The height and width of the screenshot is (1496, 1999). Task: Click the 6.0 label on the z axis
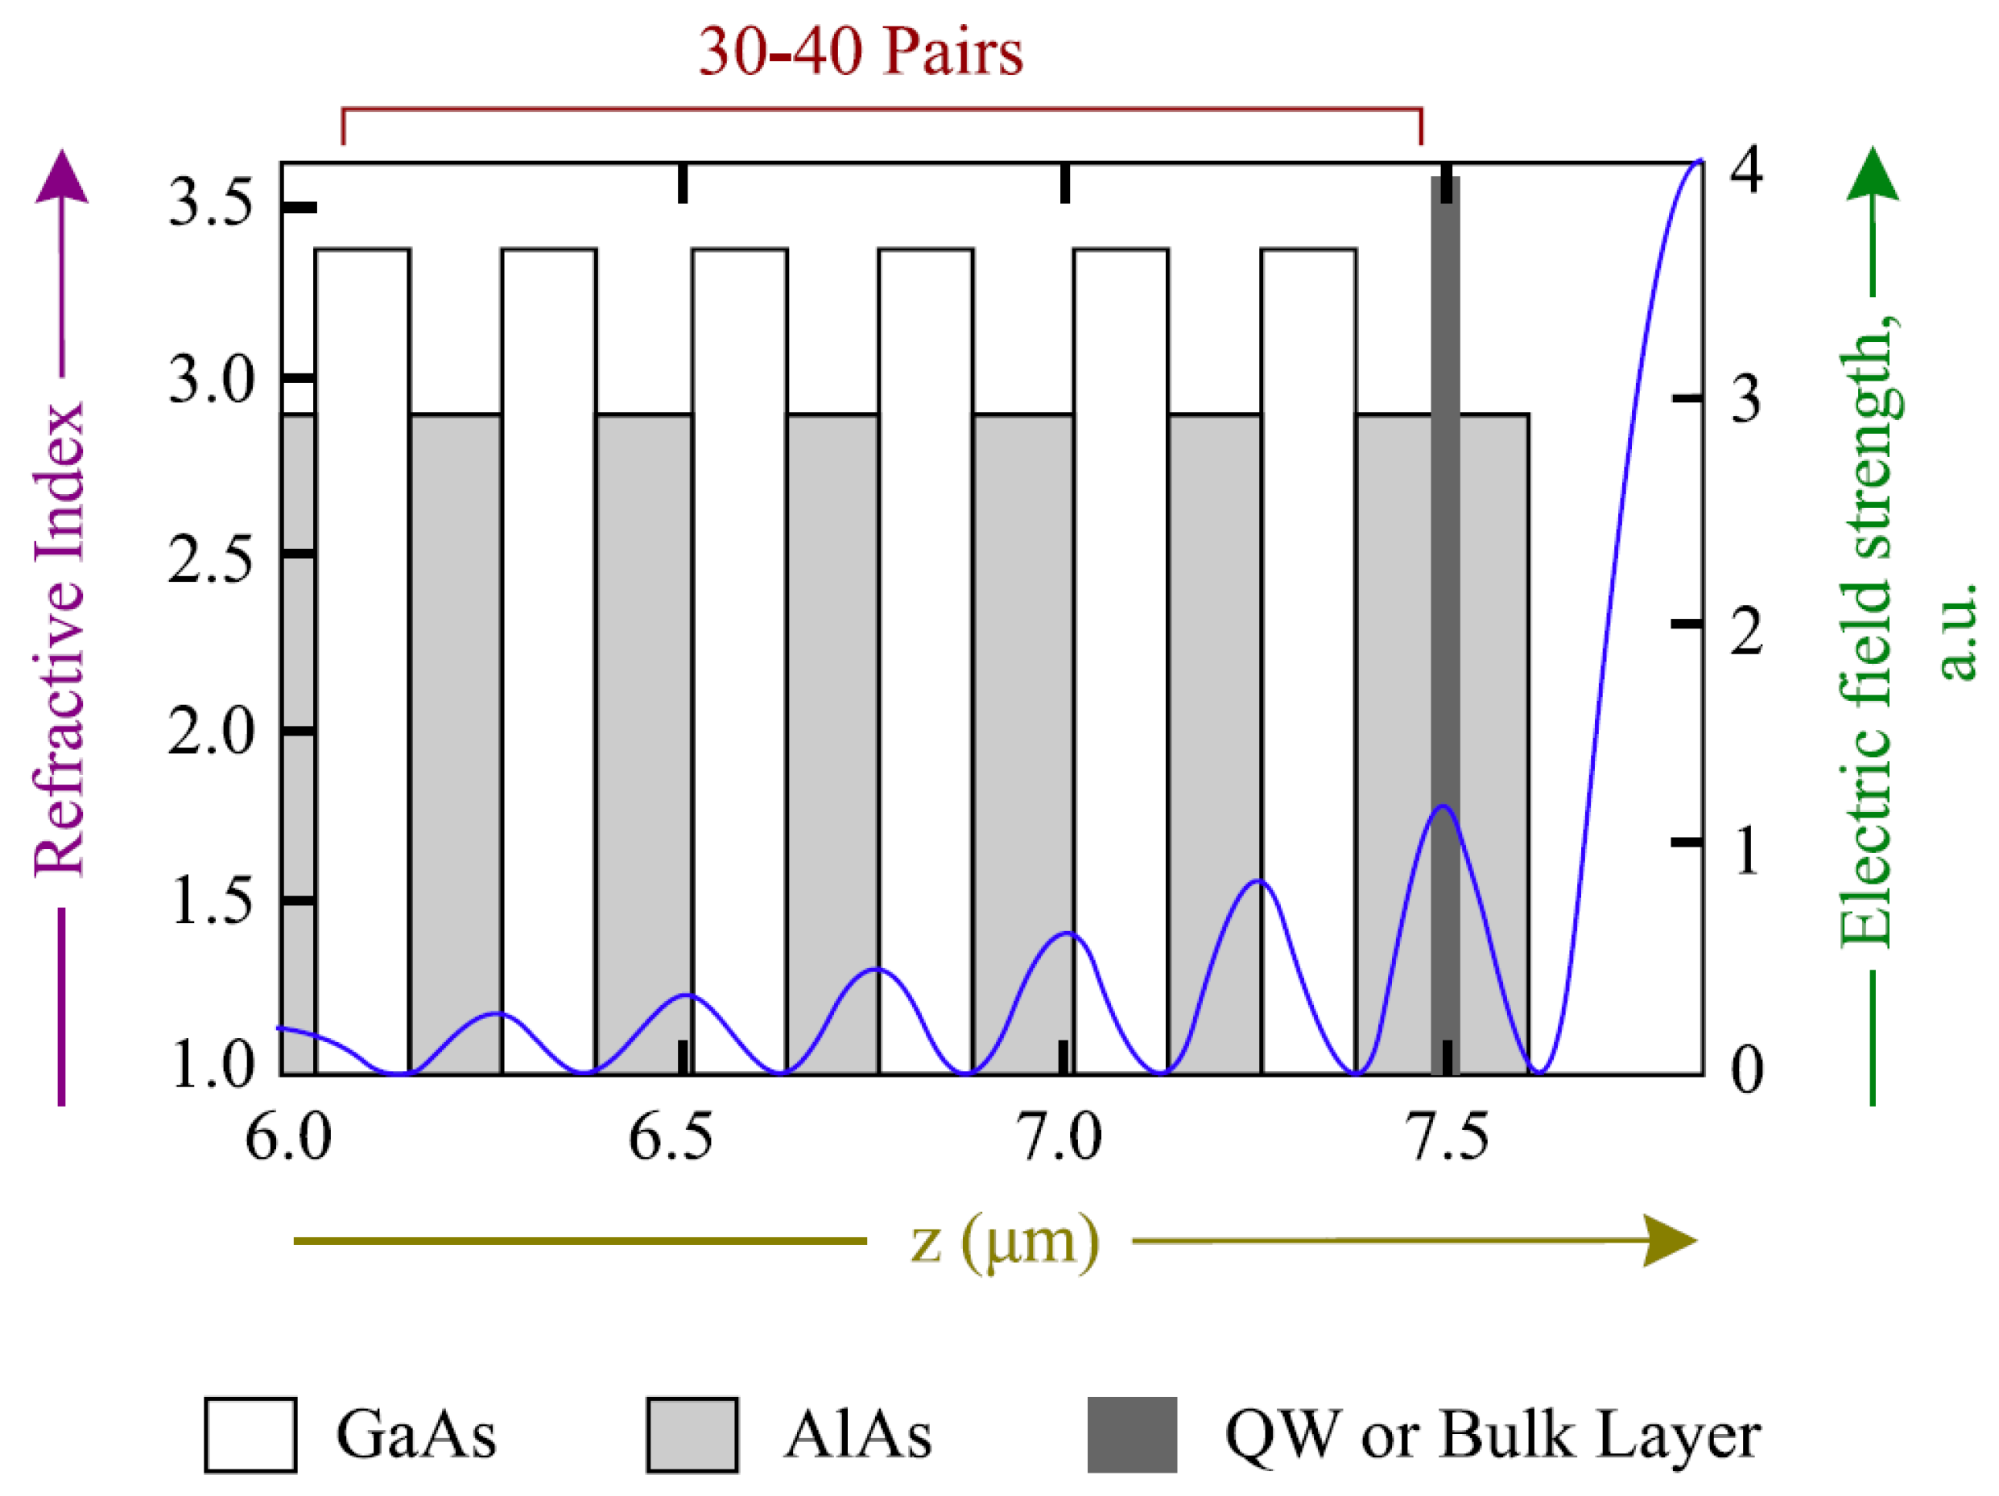(288, 1136)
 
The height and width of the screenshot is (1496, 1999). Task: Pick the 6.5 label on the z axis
(670, 1136)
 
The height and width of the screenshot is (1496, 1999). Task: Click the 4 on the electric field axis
(1746, 169)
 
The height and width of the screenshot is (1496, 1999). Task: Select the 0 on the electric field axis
(1746, 1069)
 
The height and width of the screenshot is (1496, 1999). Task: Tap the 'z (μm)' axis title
(1004, 1241)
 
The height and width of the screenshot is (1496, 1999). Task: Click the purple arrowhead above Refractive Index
(61, 177)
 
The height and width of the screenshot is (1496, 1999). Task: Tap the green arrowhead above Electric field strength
(1873, 174)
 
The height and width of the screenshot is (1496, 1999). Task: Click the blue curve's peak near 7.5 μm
(1443, 806)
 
